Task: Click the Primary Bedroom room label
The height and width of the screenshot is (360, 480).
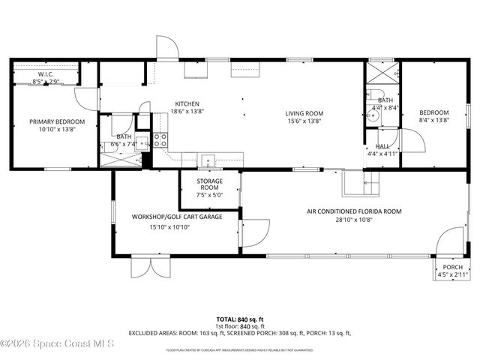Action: (57, 121)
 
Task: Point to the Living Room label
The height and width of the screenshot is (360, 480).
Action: (303, 113)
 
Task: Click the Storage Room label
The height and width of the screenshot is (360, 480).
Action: (209, 181)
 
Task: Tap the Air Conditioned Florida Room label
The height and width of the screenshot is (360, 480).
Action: (354, 211)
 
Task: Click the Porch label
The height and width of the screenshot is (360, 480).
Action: (452, 267)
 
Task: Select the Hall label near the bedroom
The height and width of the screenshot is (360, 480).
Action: (382, 146)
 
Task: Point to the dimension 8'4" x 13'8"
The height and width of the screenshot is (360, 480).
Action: (433, 121)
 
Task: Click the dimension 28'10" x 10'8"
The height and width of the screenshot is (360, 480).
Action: (354, 221)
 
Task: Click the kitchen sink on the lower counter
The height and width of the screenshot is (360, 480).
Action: (207, 158)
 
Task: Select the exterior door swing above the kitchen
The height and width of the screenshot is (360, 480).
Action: (166, 48)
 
